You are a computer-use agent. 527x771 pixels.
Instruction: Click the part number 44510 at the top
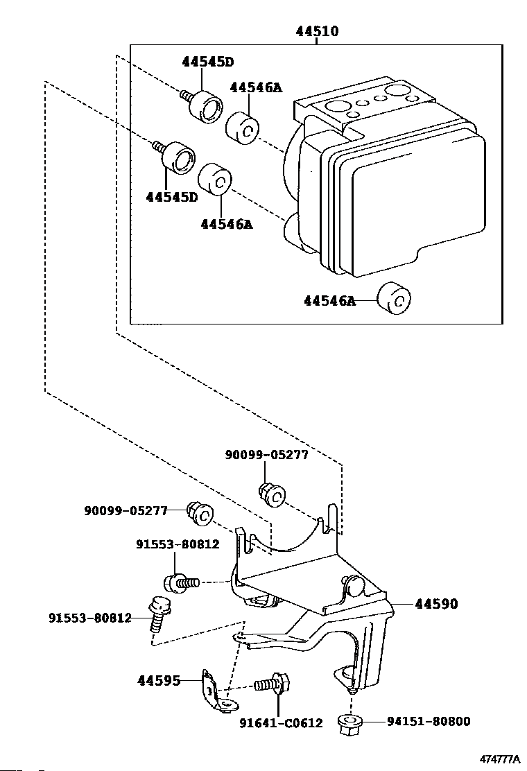[317, 31]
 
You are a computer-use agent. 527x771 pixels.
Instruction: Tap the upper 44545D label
[207, 62]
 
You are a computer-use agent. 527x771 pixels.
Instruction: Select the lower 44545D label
[171, 197]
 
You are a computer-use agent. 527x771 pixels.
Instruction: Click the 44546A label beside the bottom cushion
[329, 300]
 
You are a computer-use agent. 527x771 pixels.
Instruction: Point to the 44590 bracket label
[437, 603]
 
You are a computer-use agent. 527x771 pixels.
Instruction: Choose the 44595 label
[158, 681]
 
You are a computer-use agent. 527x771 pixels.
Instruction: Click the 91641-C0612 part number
[282, 722]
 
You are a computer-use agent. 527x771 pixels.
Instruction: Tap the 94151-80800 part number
[429, 721]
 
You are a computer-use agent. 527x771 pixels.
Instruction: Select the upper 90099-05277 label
[267, 455]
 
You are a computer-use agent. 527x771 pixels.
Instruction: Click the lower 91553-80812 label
[90, 618]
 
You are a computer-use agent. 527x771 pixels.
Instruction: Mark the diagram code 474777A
[499, 759]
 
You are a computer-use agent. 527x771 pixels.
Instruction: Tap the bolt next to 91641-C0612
[273, 684]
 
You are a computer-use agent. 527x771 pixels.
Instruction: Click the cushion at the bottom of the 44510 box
[394, 298]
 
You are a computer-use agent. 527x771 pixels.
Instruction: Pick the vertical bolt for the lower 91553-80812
[158, 614]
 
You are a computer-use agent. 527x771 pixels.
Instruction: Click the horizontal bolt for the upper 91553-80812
[181, 583]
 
